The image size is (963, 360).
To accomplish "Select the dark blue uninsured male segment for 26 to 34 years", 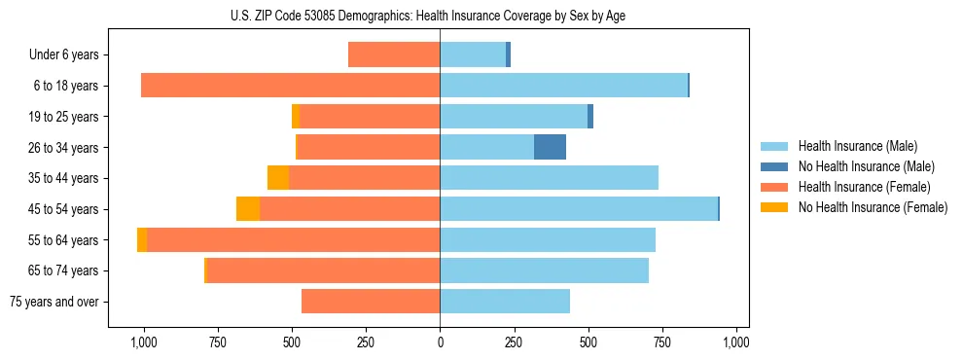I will tap(550, 147).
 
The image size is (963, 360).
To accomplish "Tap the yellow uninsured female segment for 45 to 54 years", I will tap(248, 208).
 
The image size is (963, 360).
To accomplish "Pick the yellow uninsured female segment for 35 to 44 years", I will tap(278, 178).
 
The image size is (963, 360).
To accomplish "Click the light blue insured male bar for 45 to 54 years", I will tap(579, 208).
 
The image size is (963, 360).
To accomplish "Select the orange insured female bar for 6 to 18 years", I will tap(291, 86).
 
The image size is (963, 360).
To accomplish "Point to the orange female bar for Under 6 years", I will tap(394, 54).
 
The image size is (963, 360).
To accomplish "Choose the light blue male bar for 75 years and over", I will tap(505, 302).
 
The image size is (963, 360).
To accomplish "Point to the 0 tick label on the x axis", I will tap(440, 342).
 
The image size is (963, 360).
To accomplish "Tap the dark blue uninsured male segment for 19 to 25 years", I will tap(590, 117).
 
